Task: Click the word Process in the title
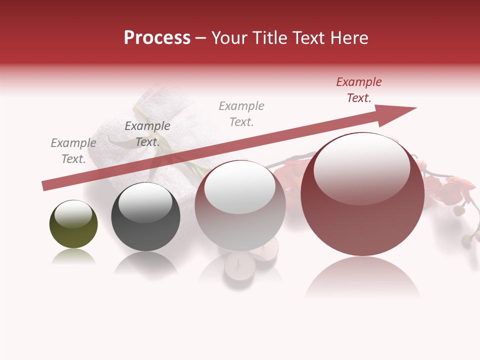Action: [157, 38]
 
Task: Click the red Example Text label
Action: [359, 90]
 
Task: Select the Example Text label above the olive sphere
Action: [73, 151]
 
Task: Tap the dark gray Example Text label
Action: [147, 134]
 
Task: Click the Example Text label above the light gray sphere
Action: [241, 114]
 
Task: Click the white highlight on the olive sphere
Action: [73, 214]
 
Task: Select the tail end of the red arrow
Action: [46, 185]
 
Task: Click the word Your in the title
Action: [227, 38]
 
